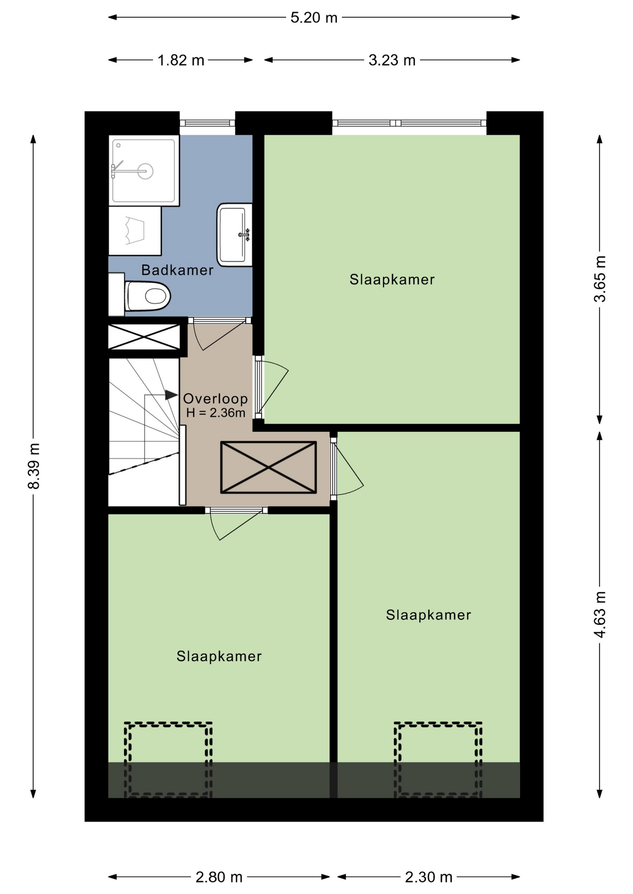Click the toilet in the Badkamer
(x=147, y=295)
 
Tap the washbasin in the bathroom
(x=234, y=235)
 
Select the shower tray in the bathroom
(x=144, y=170)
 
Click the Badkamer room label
(x=177, y=270)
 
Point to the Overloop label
(x=215, y=399)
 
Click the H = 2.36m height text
(x=215, y=413)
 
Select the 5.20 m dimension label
(x=314, y=18)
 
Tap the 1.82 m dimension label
(x=181, y=61)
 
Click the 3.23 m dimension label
(x=392, y=61)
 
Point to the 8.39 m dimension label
(x=34, y=466)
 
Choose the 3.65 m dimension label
(x=600, y=279)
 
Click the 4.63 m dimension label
(x=600, y=615)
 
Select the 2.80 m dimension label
(x=219, y=877)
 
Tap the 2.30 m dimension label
(x=428, y=877)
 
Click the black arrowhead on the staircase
(x=172, y=395)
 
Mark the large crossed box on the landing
(x=268, y=467)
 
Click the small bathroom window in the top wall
(x=207, y=123)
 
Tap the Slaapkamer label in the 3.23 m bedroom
(x=392, y=280)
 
